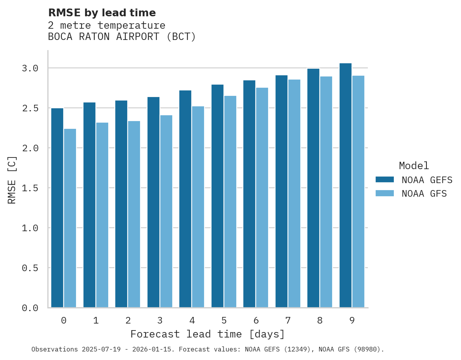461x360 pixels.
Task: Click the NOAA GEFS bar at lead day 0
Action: click(x=57, y=208)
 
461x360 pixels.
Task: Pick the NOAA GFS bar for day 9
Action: click(x=358, y=192)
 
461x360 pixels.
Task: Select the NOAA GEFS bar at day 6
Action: click(x=249, y=194)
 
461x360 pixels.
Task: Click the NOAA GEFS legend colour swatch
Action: click(x=385, y=180)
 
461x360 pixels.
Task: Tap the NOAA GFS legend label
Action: click(x=424, y=194)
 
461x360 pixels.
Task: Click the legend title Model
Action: click(x=414, y=166)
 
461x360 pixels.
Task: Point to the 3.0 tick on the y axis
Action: click(x=30, y=68)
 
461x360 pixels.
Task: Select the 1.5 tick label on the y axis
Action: click(x=30, y=188)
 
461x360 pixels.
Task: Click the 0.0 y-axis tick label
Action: click(x=30, y=308)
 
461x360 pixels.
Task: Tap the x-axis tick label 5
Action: click(x=224, y=320)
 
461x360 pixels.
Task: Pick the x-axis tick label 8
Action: click(x=320, y=320)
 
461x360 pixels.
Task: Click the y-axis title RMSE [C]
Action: click(x=12, y=180)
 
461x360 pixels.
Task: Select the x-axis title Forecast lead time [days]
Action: click(x=208, y=334)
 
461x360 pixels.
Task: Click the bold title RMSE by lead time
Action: click(x=102, y=13)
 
